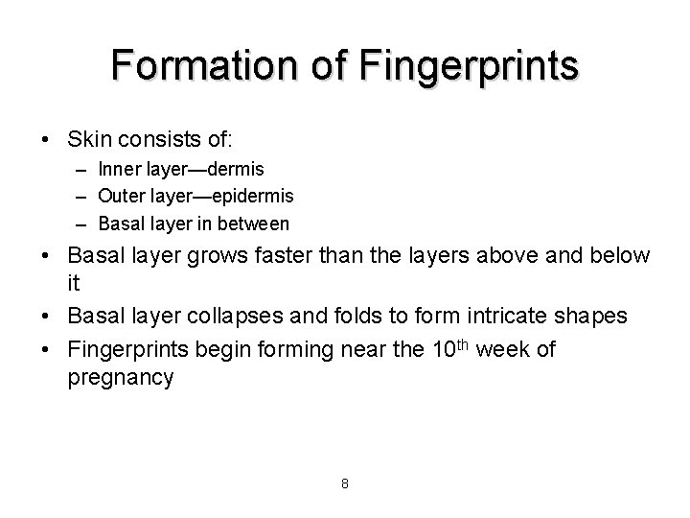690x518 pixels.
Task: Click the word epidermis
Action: (253, 196)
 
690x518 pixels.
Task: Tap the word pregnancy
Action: (121, 379)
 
